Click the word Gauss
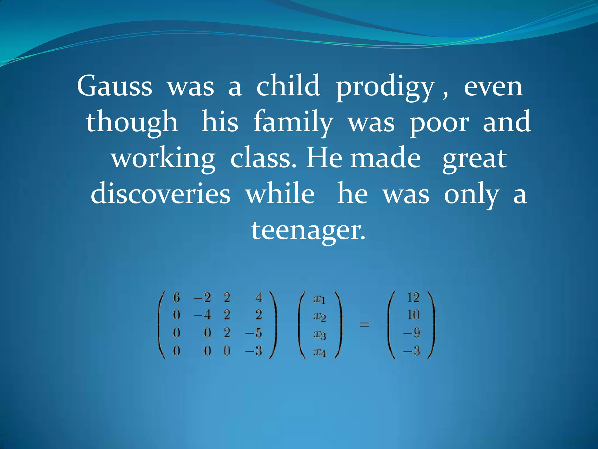pyautogui.click(x=114, y=86)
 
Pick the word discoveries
pyautogui.click(x=161, y=194)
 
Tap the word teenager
pyautogui.click(x=308, y=231)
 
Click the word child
pyautogui.click(x=288, y=86)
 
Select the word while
pyautogui.click(x=280, y=194)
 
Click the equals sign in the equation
pyautogui.click(x=364, y=324)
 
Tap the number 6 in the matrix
pyautogui.click(x=176, y=298)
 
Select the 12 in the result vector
pyautogui.click(x=413, y=298)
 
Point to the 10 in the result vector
pyautogui.click(x=413, y=315)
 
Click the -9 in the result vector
pyautogui.click(x=412, y=333)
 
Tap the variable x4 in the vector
pyautogui.click(x=319, y=352)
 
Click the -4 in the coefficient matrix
pyautogui.click(x=202, y=315)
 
